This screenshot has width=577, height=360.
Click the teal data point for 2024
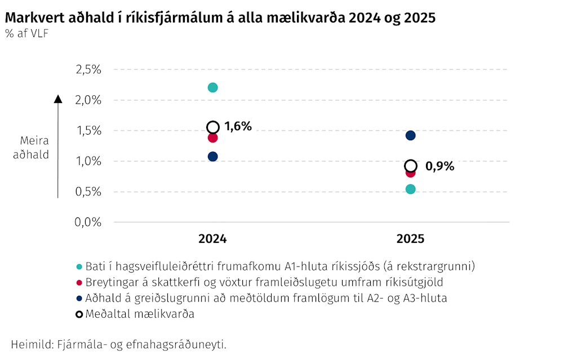click(212, 88)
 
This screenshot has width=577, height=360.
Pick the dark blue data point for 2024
click(212, 157)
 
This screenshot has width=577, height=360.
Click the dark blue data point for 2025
click(411, 135)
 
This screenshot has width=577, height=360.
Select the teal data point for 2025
click(411, 189)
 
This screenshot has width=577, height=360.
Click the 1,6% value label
click(238, 126)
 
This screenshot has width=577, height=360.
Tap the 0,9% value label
click(440, 166)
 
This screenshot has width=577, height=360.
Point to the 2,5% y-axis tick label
click(88, 69)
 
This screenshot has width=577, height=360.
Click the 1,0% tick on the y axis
click(88, 161)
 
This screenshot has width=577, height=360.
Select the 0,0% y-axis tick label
click(88, 222)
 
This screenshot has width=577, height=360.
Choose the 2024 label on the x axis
click(212, 239)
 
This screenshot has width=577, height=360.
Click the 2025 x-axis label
click(411, 239)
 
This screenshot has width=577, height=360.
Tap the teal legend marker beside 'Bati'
click(79, 266)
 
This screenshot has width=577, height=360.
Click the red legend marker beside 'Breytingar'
click(79, 283)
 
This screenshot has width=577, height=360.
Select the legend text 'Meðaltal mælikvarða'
click(140, 314)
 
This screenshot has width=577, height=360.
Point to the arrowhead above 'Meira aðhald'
click(58, 99)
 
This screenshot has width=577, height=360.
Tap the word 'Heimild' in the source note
click(32, 345)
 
